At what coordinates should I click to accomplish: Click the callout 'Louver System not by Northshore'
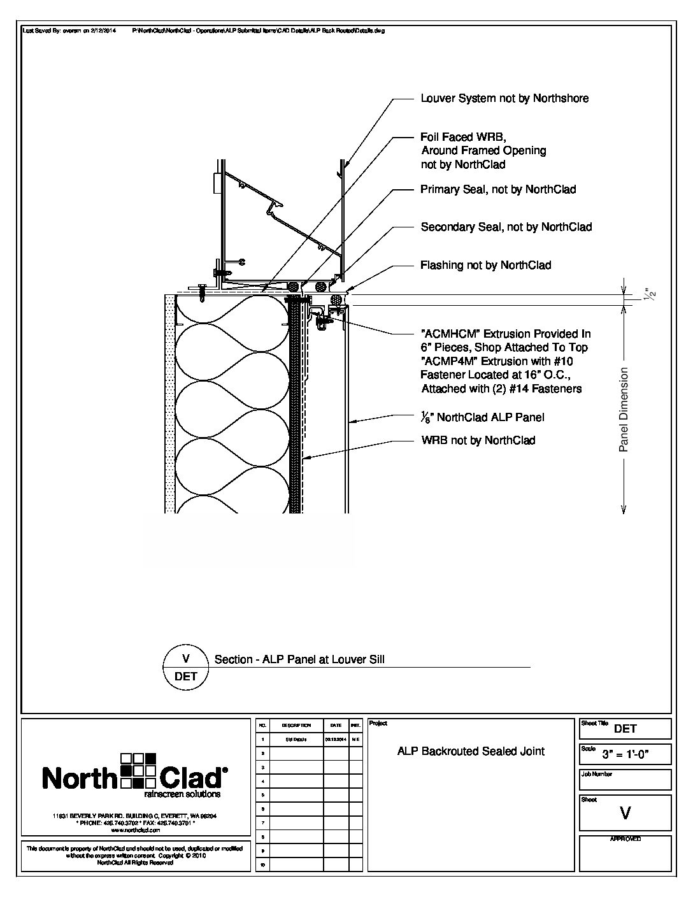tap(504, 98)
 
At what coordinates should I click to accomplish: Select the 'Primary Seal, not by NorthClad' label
tap(498, 189)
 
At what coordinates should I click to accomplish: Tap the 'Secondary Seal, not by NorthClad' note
tap(506, 227)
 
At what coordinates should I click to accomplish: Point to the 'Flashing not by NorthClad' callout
tap(485, 265)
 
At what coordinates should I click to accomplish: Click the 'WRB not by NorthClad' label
tap(478, 440)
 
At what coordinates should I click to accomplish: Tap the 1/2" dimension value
tap(649, 294)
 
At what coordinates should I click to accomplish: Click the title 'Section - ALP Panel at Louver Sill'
tap(299, 660)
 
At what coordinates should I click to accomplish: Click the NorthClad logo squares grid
tap(139, 770)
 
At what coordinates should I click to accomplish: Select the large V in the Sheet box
tap(625, 813)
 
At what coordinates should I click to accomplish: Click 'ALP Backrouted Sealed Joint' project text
tap(471, 752)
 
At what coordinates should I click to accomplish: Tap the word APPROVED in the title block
tap(625, 840)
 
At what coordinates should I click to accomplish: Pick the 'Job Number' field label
tap(597, 774)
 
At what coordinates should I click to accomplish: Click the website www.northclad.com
tap(134, 831)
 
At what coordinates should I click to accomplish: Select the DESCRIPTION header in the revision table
tap(296, 725)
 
